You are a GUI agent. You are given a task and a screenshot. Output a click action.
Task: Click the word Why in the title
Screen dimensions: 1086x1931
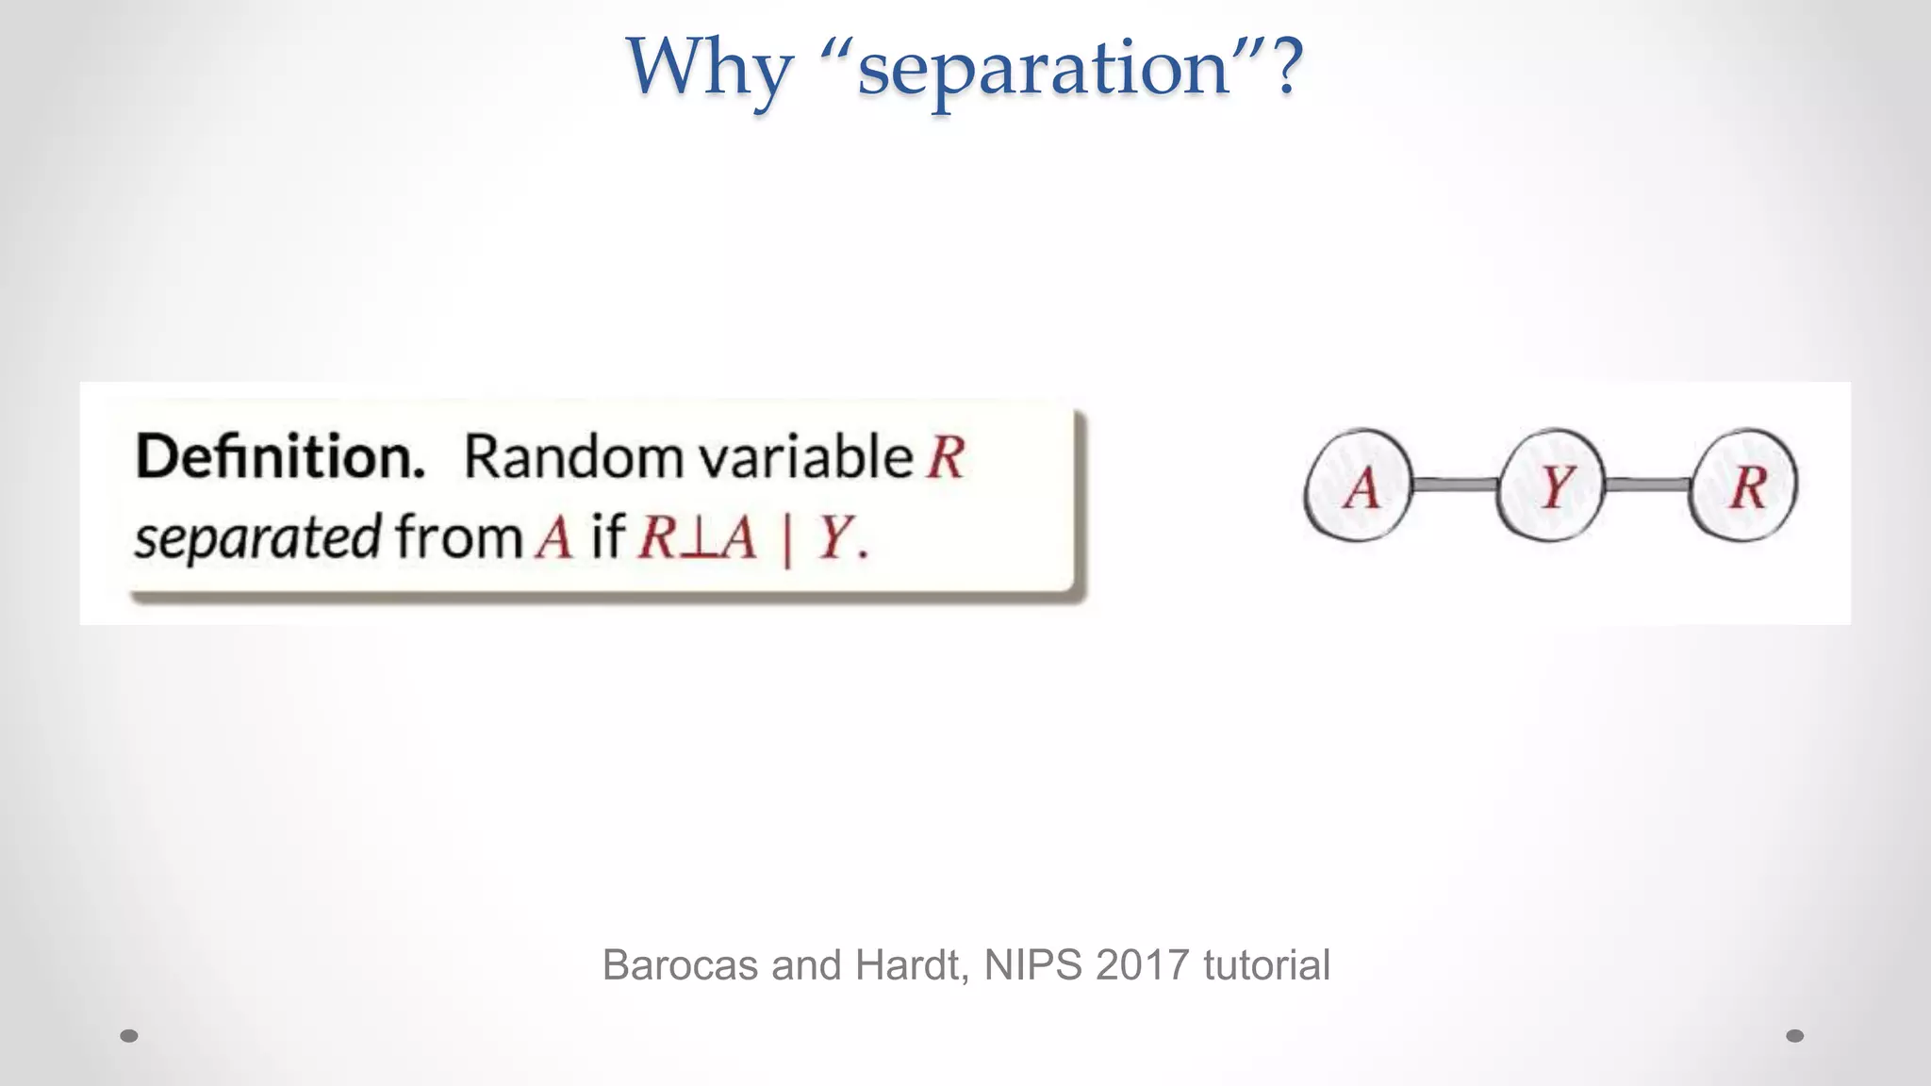tap(709, 68)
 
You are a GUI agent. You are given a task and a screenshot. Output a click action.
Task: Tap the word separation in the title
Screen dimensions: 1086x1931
tap(1043, 68)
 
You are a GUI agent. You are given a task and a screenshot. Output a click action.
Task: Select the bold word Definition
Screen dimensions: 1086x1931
tap(280, 457)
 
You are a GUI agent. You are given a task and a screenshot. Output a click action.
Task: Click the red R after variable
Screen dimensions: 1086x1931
tap(946, 458)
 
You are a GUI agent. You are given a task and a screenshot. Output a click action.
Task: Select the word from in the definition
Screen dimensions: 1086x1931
tap(458, 537)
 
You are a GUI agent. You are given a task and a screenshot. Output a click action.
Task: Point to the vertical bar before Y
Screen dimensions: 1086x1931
tap(787, 541)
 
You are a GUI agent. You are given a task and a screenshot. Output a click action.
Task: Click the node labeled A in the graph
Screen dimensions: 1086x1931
tap(1359, 486)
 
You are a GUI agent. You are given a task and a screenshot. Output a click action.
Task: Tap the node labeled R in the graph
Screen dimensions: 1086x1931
tap(1744, 486)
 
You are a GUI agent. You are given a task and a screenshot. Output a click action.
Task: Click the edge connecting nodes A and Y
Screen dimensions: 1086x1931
tap(1455, 485)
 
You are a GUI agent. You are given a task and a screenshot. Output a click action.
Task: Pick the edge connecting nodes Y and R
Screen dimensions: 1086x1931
tap(1648, 485)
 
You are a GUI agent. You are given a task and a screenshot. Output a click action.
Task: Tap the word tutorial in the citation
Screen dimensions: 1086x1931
tap(1266, 965)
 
